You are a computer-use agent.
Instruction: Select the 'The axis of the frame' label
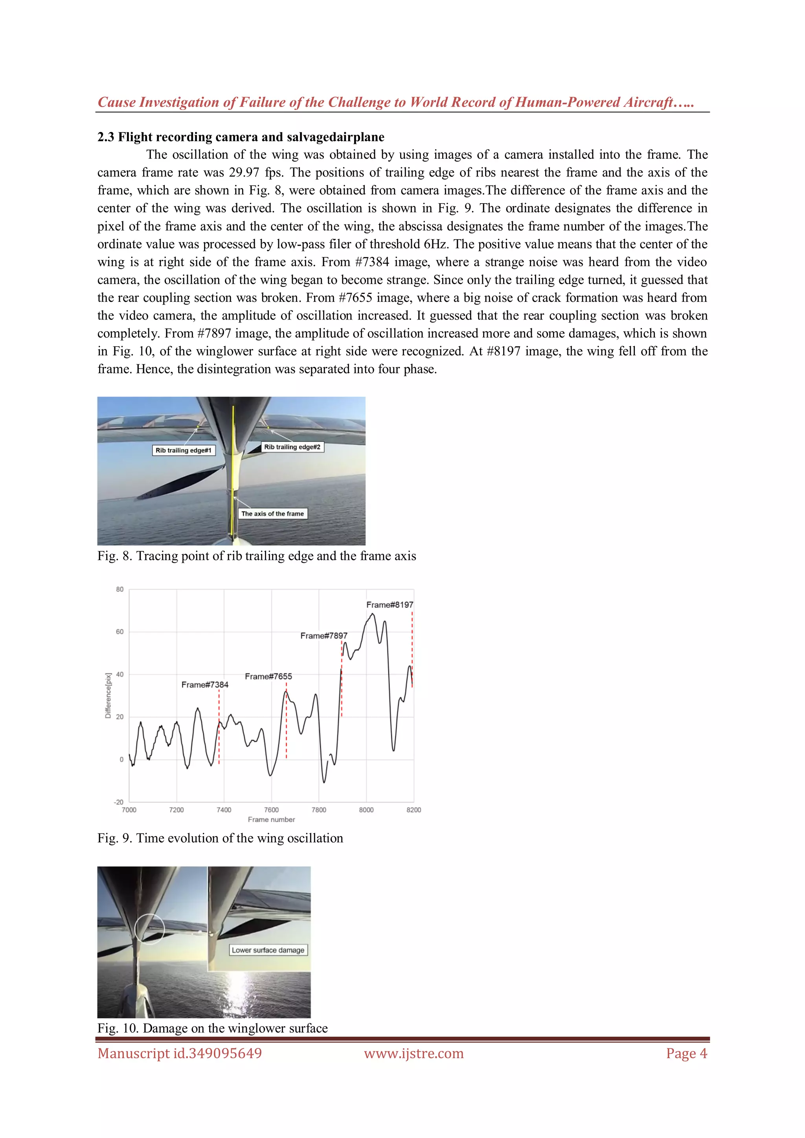(273, 514)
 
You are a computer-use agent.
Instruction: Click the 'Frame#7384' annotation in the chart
(205, 685)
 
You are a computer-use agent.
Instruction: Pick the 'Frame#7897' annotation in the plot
(323, 636)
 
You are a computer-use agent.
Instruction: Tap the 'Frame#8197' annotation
(390, 605)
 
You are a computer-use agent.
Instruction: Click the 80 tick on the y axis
(120, 589)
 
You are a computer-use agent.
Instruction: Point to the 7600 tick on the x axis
(271, 810)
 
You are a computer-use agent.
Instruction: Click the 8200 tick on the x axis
(414, 810)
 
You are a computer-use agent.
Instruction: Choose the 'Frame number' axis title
(271, 820)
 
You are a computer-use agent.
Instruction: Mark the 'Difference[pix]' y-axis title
(108, 696)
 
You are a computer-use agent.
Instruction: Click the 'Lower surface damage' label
(268, 950)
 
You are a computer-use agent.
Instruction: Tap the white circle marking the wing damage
(149, 929)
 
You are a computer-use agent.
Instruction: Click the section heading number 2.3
(106, 137)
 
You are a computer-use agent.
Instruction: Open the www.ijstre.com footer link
(414, 1053)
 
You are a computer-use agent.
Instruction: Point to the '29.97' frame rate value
(244, 173)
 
